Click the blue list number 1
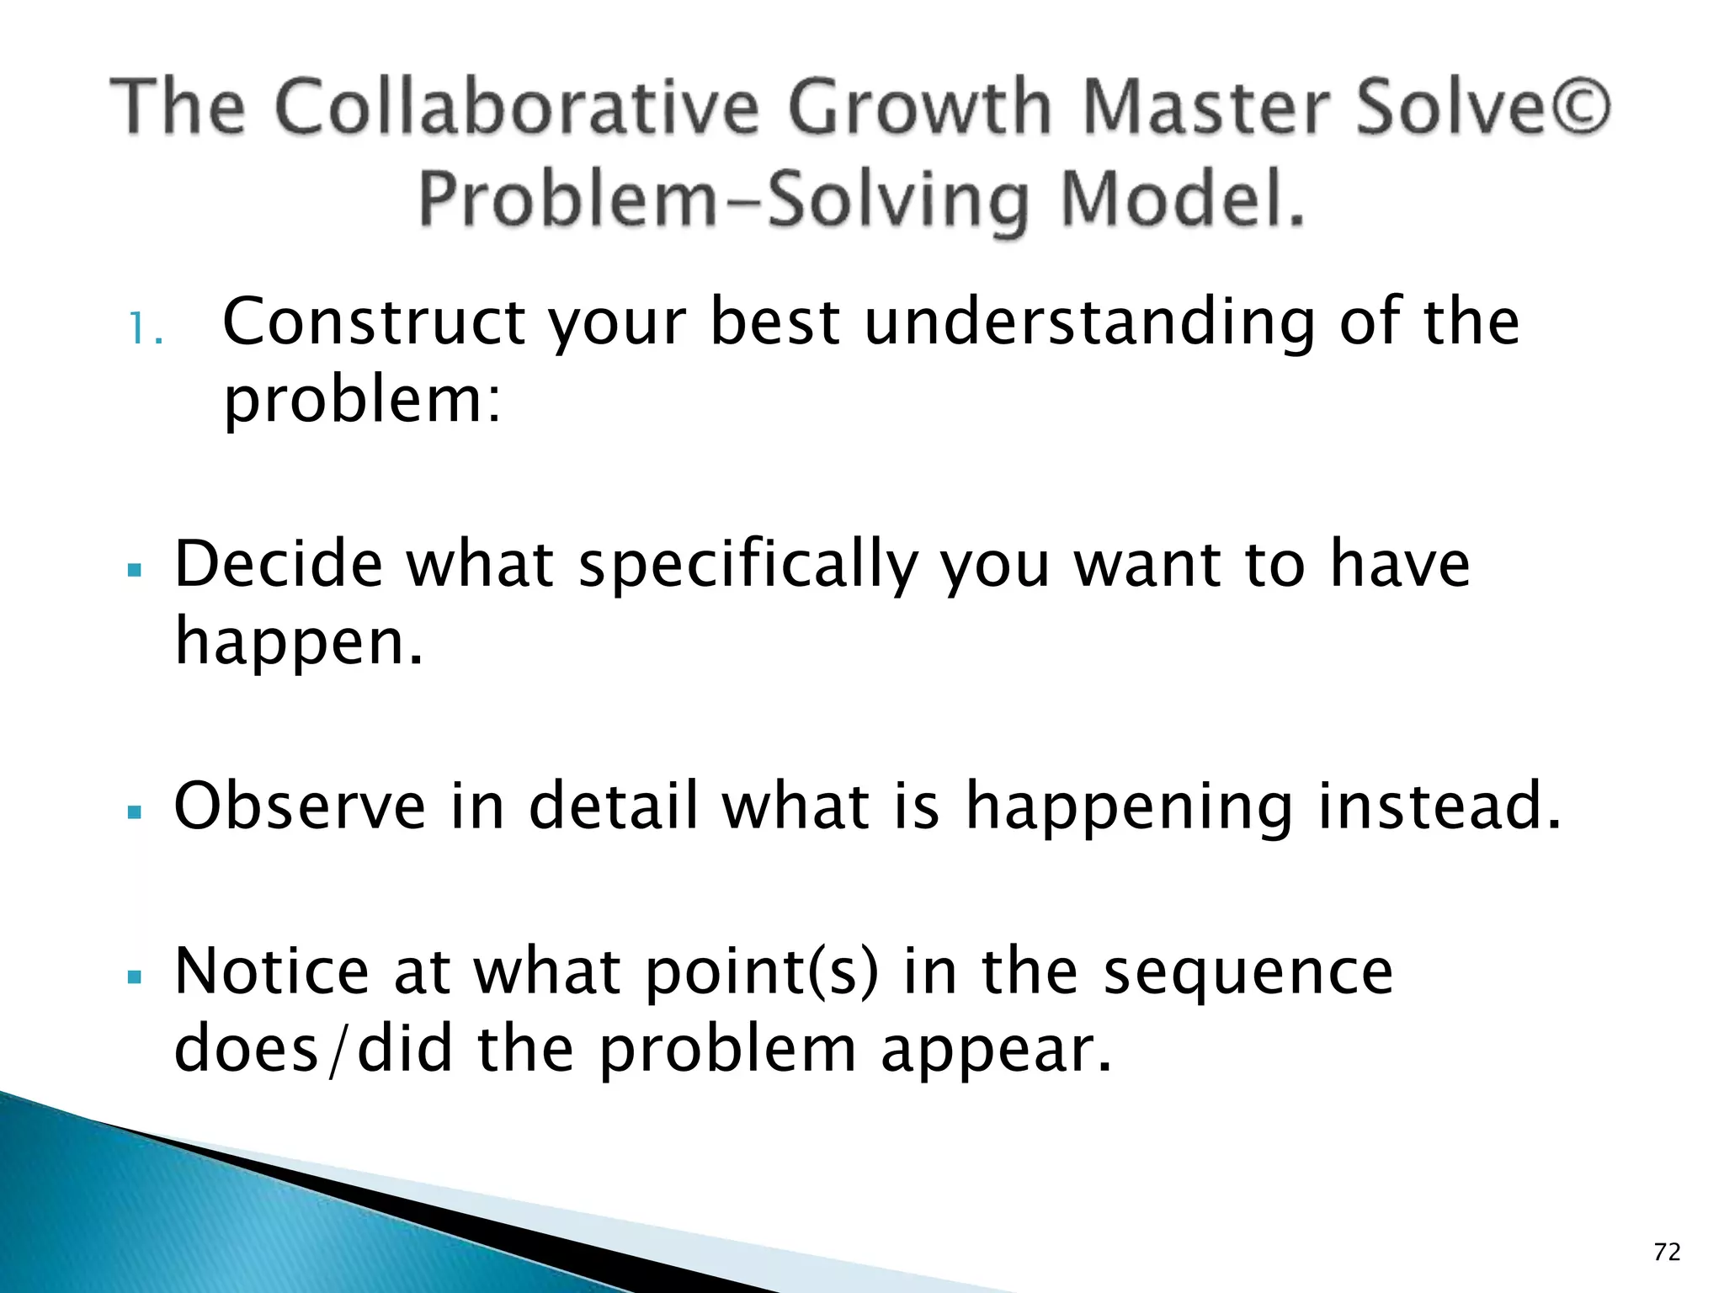coord(143,330)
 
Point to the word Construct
coord(374,322)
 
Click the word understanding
coord(1089,323)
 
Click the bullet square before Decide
coord(134,571)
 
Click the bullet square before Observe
coord(134,813)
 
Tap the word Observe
coord(300,806)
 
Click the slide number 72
coord(1667,1253)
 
